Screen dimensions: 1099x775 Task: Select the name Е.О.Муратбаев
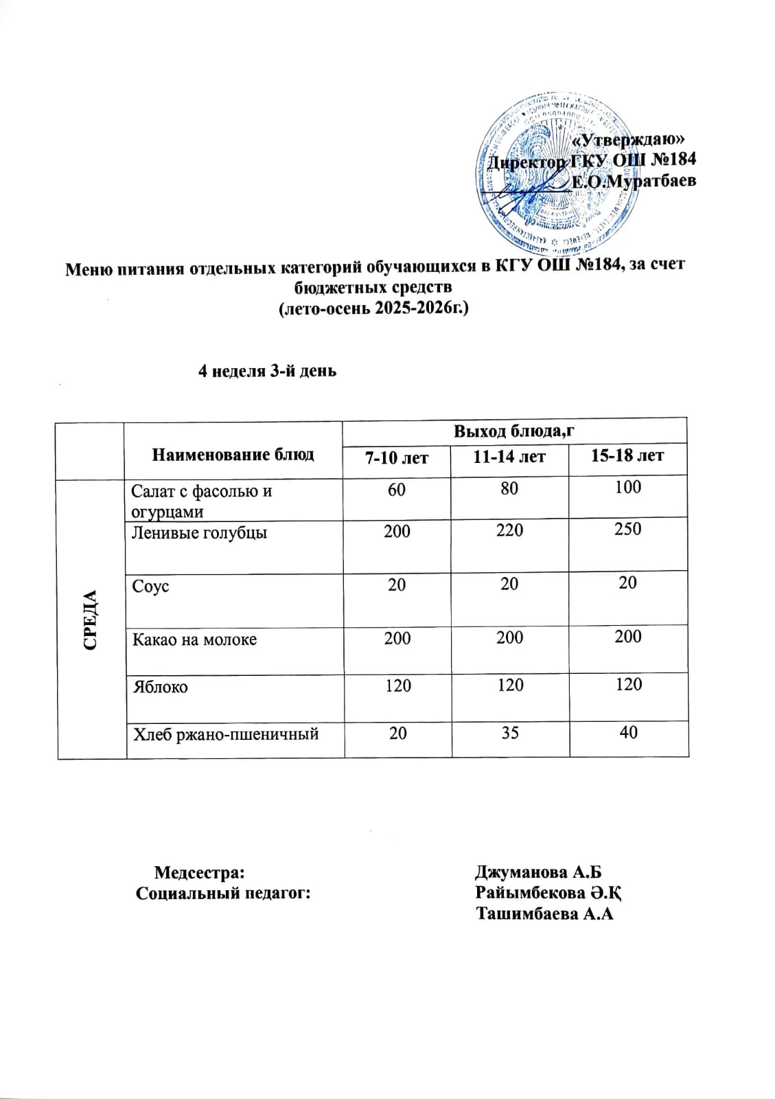pyautogui.click(x=634, y=182)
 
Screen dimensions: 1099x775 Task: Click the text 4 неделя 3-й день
pyautogui.click(x=267, y=372)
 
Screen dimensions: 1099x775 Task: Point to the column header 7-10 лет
pyautogui.click(x=395, y=457)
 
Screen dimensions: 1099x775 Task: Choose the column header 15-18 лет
pyautogui.click(x=627, y=455)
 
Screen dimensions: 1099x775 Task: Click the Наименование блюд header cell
pyautogui.click(x=233, y=454)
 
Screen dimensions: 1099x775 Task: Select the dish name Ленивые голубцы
pyautogui.click(x=199, y=532)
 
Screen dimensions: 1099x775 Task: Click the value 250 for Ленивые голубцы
pyautogui.click(x=628, y=529)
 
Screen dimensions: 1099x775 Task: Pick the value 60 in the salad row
pyautogui.click(x=396, y=489)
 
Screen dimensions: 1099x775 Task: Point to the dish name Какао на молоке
pyautogui.click(x=194, y=639)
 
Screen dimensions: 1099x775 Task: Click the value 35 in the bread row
pyautogui.click(x=509, y=732)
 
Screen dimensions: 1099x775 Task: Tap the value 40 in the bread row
pyautogui.click(x=628, y=732)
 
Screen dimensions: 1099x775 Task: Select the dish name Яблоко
pyautogui.click(x=160, y=687)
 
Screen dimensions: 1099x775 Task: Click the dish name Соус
pyautogui.click(x=151, y=587)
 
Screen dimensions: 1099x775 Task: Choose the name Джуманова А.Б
pyautogui.click(x=538, y=872)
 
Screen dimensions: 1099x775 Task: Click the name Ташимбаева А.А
pyautogui.click(x=544, y=914)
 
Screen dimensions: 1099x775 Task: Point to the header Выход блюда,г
pyautogui.click(x=514, y=431)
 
